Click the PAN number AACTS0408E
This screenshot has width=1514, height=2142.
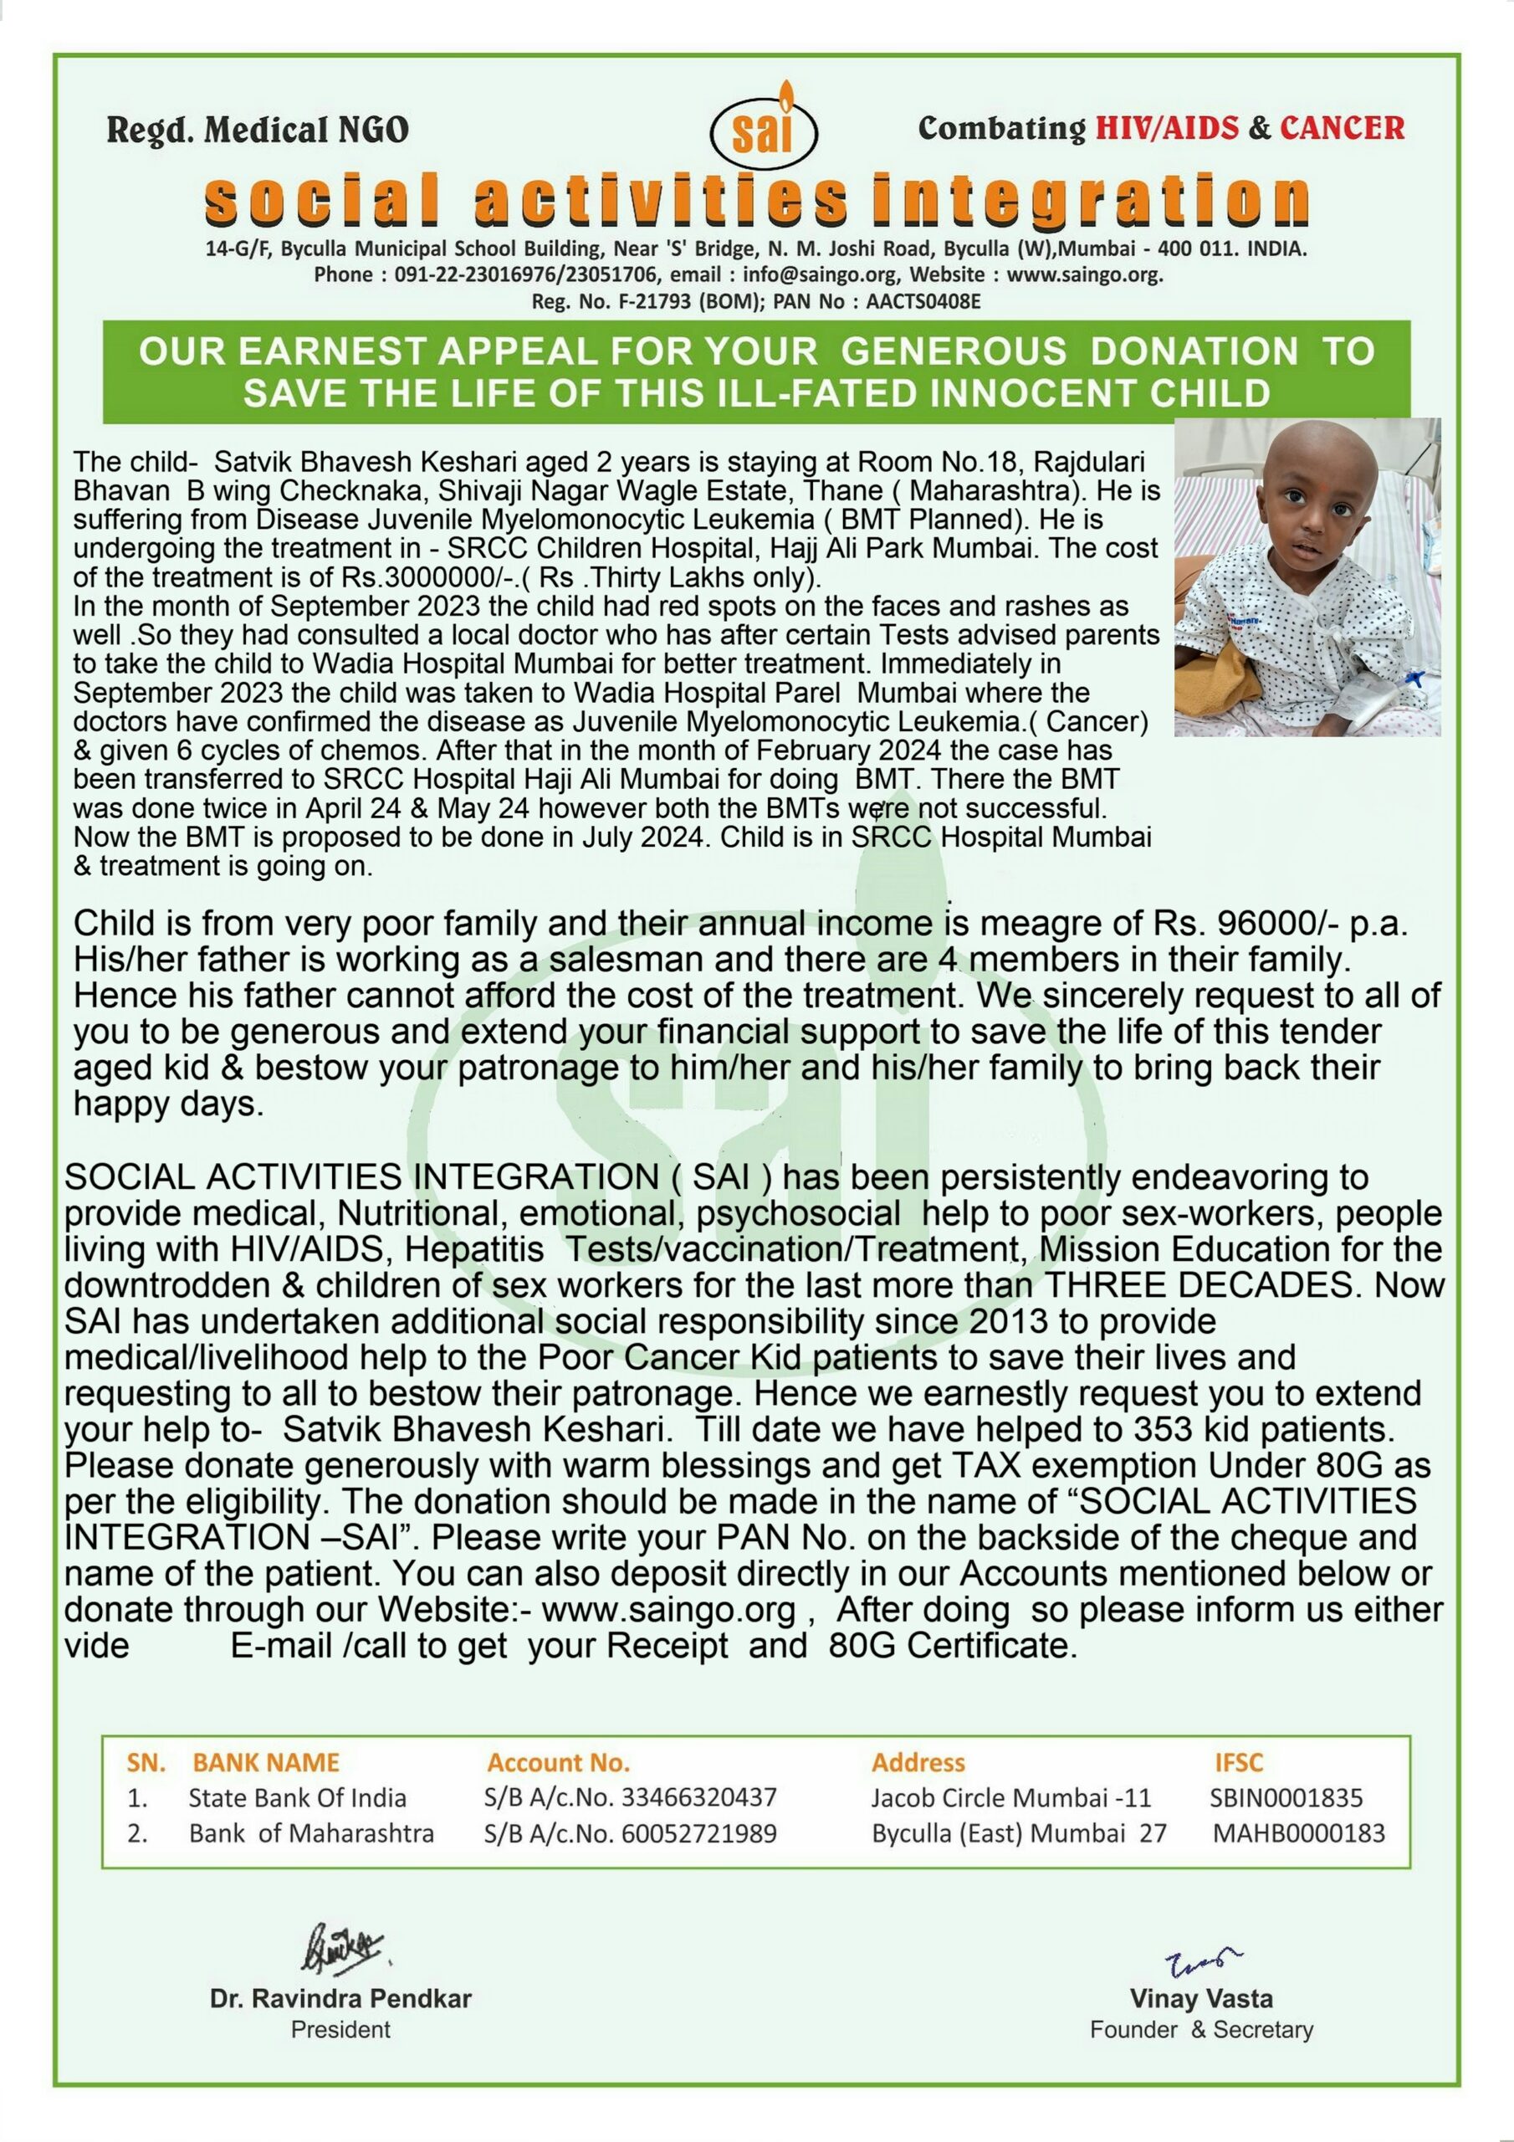(x=924, y=302)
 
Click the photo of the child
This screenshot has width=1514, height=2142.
(x=1307, y=576)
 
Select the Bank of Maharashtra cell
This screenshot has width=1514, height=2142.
(x=310, y=1833)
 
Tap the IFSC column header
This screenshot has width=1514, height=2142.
(x=1238, y=1762)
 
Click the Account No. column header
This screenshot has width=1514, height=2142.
(x=558, y=1762)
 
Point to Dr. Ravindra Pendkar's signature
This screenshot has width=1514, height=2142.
(x=340, y=1947)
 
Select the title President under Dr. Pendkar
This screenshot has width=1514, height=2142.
(x=340, y=2028)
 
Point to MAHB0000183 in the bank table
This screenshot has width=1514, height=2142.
(x=1298, y=1833)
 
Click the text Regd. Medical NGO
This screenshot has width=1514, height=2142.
(x=258, y=130)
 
